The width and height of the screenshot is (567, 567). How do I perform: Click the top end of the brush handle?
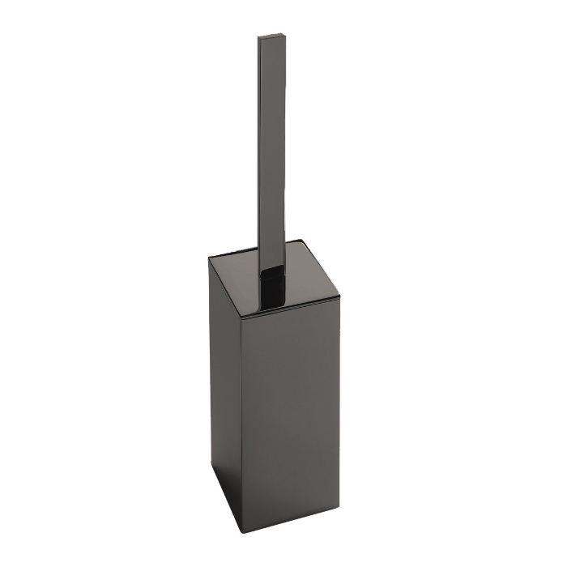pyautogui.click(x=274, y=38)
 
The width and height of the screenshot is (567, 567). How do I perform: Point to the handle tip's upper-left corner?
pyautogui.click(x=259, y=36)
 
